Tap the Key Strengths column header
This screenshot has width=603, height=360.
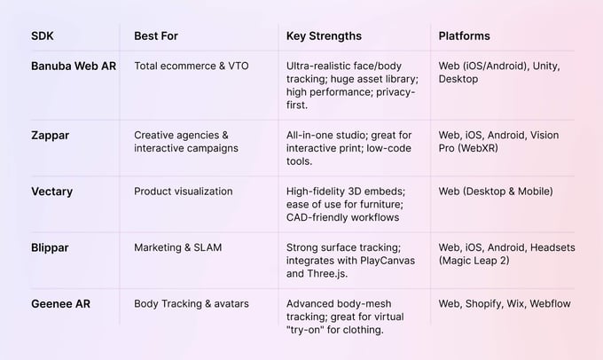[x=324, y=36]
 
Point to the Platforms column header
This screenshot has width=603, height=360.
[x=465, y=36]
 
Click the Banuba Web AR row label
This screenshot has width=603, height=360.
[x=74, y=66]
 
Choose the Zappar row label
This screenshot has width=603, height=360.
[x=51, y=135]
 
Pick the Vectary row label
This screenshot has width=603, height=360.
[x=52, y=191]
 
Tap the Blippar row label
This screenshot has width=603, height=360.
[x=51, y=247]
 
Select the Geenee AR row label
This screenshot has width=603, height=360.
[x=60, y=303]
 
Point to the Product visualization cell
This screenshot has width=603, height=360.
[x=184, y=191]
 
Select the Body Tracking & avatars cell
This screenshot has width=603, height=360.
[x=192, y=303]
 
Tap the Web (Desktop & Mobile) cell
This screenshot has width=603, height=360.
[x=496, y=191]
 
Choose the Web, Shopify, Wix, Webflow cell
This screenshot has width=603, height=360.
[x=505, y=303]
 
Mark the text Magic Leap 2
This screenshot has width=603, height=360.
[x=477, y=261]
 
